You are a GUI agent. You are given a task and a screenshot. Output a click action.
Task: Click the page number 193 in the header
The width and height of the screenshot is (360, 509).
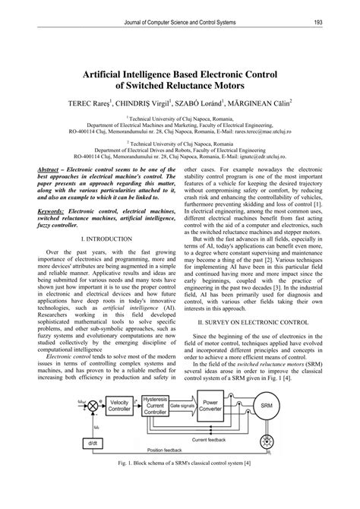coord(320,21)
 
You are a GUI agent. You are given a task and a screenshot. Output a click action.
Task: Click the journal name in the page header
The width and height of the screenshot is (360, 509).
coord(179,21)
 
